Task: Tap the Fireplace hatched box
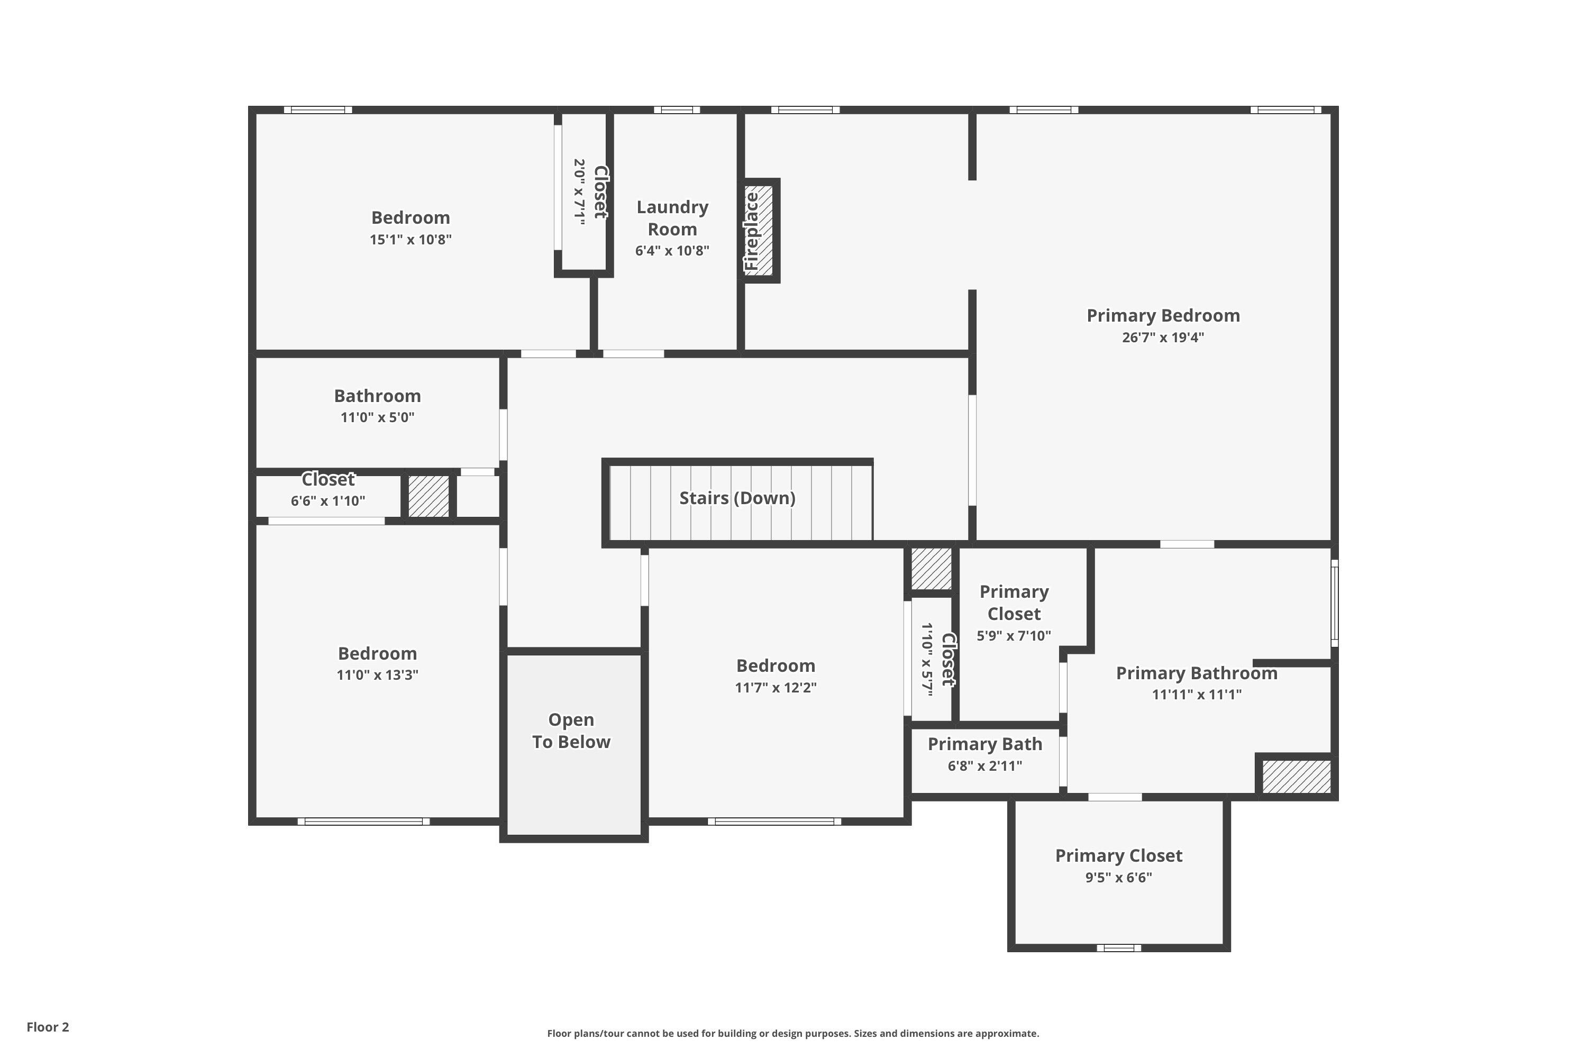tap(759, 230)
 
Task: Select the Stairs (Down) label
tap(737, 498)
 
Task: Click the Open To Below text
tap(571, 731)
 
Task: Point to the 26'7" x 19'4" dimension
tap(1163, 338)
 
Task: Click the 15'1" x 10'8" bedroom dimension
tap(411, 240)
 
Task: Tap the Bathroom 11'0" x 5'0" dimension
tap(377, 417)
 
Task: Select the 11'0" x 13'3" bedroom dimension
tap(377, 675)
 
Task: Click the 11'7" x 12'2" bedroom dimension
tap(776, 688)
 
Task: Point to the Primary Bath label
tap(984, 744)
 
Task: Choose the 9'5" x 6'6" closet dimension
tap(1118, 877)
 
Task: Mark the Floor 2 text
tap(48, 1027)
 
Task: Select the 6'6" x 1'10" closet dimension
tap(328, 500)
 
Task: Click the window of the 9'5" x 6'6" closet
tap(1118, 948)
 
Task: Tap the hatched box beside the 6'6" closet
tap(428, 497)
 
